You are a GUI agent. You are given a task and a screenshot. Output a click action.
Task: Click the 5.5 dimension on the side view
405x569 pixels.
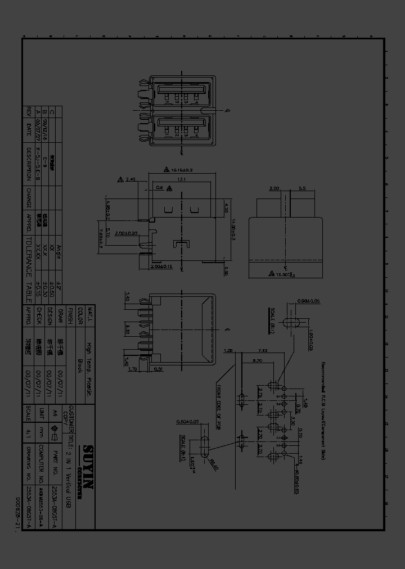[x=302, y=188]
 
